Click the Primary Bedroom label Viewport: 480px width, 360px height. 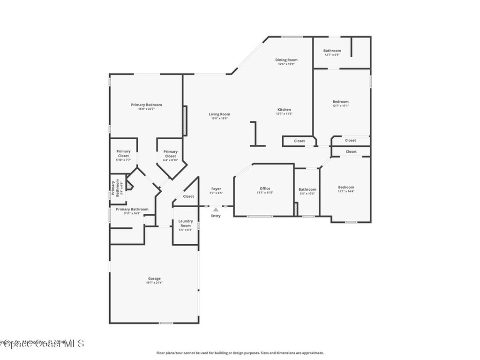[x=146, y=105]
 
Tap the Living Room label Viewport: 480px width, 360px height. [x=219, y=114]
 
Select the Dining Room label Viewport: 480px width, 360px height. [x=286, y=60]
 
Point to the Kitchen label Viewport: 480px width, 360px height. [x=284, y=110]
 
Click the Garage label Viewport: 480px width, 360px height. [x=155, y=279]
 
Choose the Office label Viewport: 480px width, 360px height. [x=265, y=188]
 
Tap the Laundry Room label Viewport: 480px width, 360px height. [x=186, y=223]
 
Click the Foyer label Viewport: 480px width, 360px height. [x=216, y=189]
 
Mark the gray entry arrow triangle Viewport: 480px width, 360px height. [x=216, y=210]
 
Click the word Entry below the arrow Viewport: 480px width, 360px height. [x=216, y=216]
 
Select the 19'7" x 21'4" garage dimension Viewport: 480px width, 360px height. [x=155, y=283]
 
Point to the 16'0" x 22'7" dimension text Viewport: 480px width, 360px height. [x=146, y=109]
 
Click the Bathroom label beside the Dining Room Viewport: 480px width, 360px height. [x=332, y=51]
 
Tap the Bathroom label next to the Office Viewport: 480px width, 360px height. [x=307, y=189]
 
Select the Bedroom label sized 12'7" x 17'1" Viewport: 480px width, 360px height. [x=340, y=102]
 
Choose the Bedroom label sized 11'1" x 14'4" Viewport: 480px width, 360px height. [x=346, y=187]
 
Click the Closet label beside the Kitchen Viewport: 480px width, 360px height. [x=299, y=141]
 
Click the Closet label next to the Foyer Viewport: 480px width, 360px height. [x=188, y=196]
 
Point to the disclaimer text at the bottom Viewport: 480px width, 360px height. [x=240, y=353]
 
